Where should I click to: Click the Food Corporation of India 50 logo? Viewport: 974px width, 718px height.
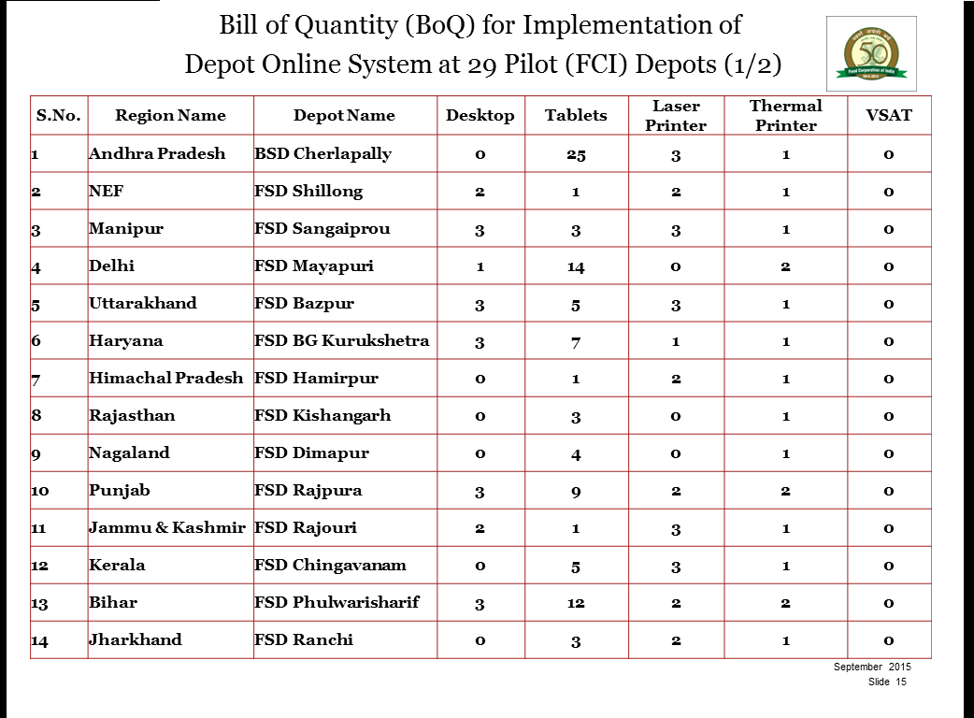coord(871,53)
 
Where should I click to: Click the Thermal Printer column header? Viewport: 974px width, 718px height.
coord(785,116)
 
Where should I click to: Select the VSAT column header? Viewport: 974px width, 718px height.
coord(889,115)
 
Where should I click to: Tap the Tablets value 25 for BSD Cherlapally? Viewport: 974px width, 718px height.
coord(576,154)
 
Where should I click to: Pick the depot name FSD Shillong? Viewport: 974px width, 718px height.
coord(308,191)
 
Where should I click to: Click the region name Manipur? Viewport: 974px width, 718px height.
coord(126,228)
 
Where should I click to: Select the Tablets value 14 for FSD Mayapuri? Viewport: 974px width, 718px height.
coord(576,267)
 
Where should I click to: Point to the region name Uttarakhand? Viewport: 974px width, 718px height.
coord(143,303)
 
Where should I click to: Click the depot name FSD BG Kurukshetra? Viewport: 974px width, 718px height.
coord(341,340)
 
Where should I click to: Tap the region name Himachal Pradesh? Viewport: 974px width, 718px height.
coord(165,378)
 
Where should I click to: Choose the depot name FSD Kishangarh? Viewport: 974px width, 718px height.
coord(322,415)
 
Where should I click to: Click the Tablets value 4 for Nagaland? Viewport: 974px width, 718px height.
coord(576,454)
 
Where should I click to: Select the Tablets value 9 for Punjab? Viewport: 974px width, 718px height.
coord(576,492)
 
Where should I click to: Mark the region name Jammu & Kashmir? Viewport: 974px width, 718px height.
coord(167,527)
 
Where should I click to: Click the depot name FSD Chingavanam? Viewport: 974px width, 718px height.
coord(330,566)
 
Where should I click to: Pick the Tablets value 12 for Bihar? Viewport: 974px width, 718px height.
coord(576,603)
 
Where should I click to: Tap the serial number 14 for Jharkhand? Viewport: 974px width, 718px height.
coord(39,641)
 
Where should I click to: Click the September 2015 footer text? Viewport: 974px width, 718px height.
coord(872,667)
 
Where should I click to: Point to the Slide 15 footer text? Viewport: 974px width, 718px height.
coord(887,682)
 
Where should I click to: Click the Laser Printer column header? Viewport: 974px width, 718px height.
coord(676,116)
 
